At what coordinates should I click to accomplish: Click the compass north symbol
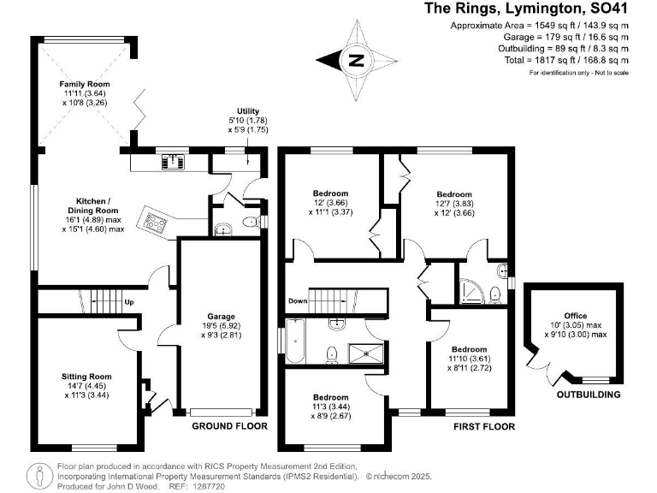358,60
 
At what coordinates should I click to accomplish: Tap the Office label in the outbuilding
575,316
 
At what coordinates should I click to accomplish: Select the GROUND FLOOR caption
229,425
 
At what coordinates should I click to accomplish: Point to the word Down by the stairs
298,301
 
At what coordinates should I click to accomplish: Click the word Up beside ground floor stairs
129,302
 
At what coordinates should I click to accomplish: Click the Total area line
569,60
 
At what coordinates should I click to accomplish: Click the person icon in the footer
39,474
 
